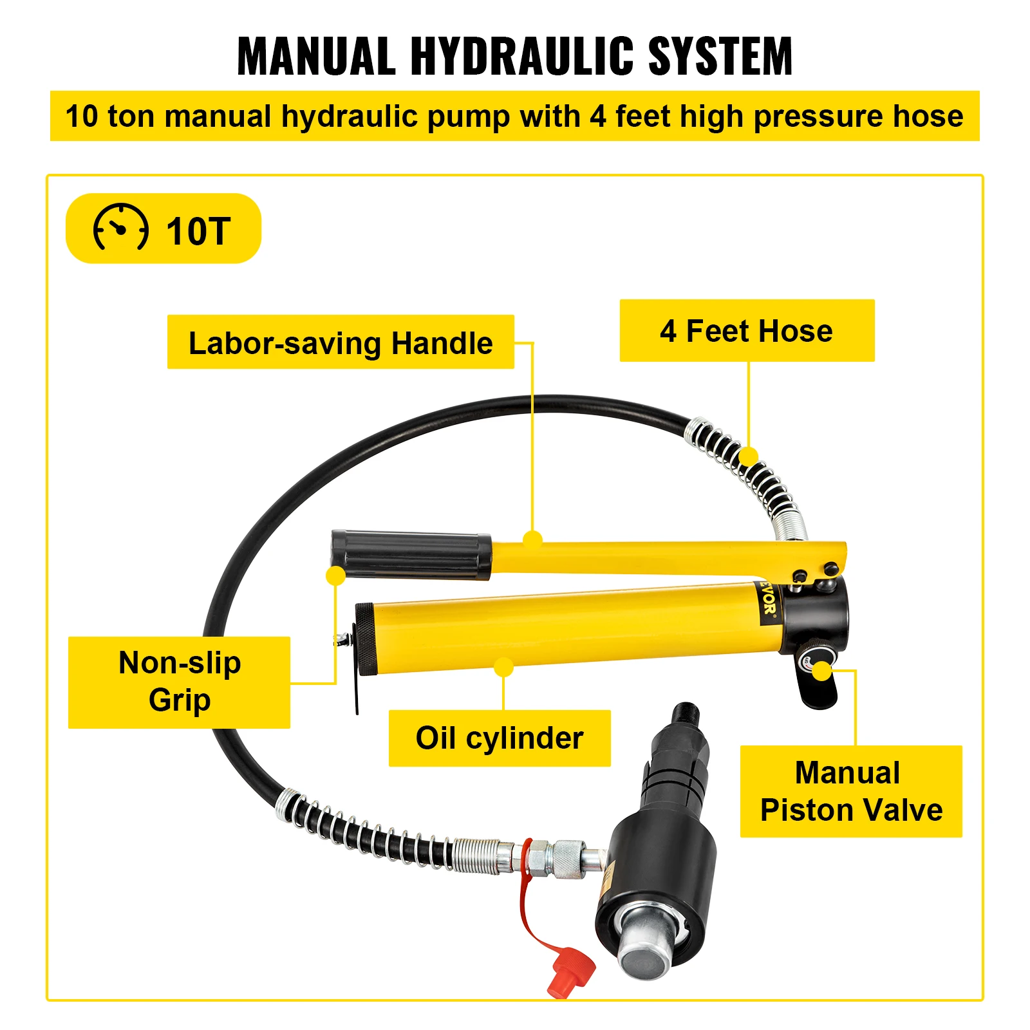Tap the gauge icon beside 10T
pyautogui.click(x=120, y=228)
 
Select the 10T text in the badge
pyautogui.click(x=198, y=231)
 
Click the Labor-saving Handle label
pyautogui.click(x=340, y=342)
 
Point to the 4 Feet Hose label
pyautogui.click(x=746, y=331)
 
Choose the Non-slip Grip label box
pyautogui.click(x=180, y=682)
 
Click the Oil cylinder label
pyautogui.click(x=499, y=738)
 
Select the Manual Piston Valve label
pyautogui.click(x=850, y=791)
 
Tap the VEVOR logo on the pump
pyautogui.click(x=768, y=601)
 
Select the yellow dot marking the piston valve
pyautogui.click(x=822, y=671)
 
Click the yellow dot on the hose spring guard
pyautogui.click(x=748, y=456)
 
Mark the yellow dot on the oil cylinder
pyautogui.click(x=504, y=667)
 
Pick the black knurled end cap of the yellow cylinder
pyautogui.click(x=365, y=639)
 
